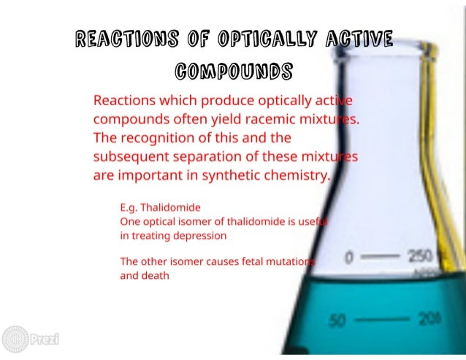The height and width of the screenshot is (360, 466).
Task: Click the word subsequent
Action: pos(131,156)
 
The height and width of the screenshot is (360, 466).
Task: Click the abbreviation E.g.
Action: pos(130,207)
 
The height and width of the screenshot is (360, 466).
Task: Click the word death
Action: pos(155,276)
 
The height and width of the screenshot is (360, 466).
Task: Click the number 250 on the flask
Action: pos(419,256)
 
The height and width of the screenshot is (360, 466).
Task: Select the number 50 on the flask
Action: pos(337,320)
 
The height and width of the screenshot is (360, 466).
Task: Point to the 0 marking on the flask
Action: pos(349,257)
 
